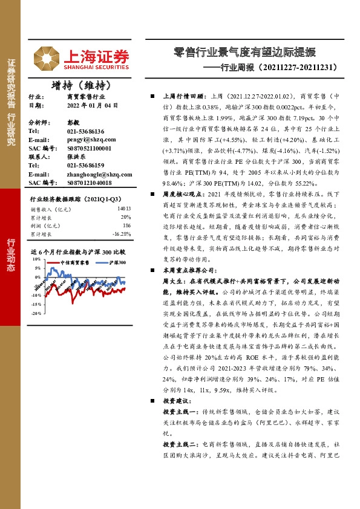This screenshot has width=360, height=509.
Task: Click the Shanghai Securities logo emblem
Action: point(42,57)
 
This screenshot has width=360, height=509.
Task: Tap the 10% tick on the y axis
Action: point(36,258)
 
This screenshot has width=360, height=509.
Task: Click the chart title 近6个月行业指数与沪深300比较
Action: point(77,250)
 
